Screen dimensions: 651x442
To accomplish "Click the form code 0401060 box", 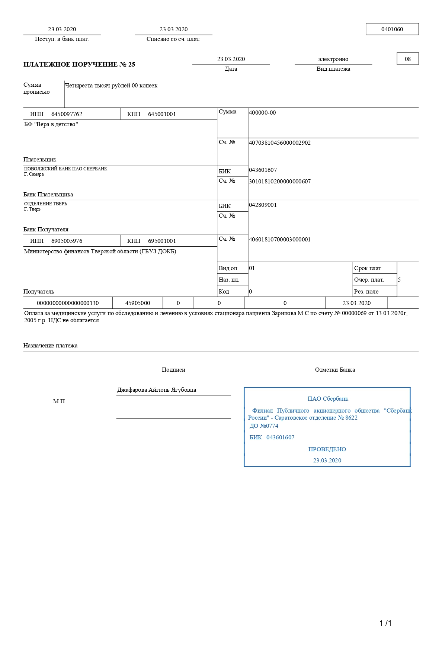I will [x=392, y=29].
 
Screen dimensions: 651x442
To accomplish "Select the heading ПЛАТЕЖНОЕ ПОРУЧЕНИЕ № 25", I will [x=79, y=64].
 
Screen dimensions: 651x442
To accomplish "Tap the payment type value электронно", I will [x=333, y=59].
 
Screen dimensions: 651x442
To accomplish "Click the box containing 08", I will [x=408, y=59].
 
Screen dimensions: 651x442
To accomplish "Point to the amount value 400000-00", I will [x=262, y=113].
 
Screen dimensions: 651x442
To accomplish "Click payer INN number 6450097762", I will [x=67, y=114].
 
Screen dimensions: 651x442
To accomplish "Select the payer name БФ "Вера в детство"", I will [x=51, y=124].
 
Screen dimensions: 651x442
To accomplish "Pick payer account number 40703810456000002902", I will [x=280, y=143].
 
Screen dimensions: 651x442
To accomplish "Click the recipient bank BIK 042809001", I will [x=263, y=205].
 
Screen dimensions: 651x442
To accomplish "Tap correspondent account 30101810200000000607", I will [x=280, y=182].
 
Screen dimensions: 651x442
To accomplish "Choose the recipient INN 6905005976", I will [x=67, y=241].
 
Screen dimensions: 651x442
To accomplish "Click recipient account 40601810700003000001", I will [x=280, y=240].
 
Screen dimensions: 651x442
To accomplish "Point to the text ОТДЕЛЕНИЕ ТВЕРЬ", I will [x=46, y=204].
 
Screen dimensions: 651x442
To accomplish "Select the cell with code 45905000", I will [x=138, y=303].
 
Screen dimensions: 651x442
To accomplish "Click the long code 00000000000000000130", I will [x=68, y=303].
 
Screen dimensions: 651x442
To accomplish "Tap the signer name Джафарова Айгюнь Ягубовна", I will [x=157, y=390].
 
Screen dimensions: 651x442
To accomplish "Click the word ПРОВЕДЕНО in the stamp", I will [x=327, y=449].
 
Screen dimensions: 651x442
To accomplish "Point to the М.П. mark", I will [x=60, y=401].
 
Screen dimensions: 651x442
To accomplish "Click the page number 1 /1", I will [x=385, y=623].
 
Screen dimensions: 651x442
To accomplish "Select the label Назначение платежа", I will [x=51, y=346].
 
